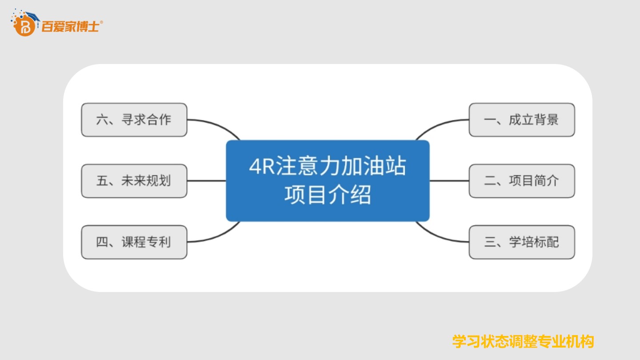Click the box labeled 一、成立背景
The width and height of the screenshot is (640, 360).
pyautogui.click(x=522, y=120)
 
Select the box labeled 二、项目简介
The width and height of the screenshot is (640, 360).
pyautogui.click(x=522, y=181)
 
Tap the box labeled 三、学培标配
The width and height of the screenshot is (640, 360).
pyautogui.click(x=522, y=242)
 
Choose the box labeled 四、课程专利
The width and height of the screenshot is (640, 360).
pyautogui.click(x=134, y=242)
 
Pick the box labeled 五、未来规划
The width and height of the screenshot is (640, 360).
pyautogui.click(x=134, y=181)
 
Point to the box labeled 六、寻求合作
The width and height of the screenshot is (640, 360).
pyautogui.click(x=134, y=120)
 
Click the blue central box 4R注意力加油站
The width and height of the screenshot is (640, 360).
pyautogui.click(x=328, y=181)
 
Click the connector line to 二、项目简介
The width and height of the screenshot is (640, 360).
pyautogui.click(x=449, y=181)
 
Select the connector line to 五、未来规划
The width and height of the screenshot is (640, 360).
pyautogui.click(x=207, y=181)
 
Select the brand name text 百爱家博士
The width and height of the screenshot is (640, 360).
pyautogui.click(x=70, y=27)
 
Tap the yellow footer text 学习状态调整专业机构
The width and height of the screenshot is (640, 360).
pyautogui.click(x=523, y=341)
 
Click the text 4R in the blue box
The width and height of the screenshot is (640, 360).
pyautogui.click(x=262, y=166)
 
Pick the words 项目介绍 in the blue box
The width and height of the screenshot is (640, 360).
pyautogui.click(x=328, y=195)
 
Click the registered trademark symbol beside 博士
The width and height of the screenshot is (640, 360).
pyautogui.click(x=101, y=22)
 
